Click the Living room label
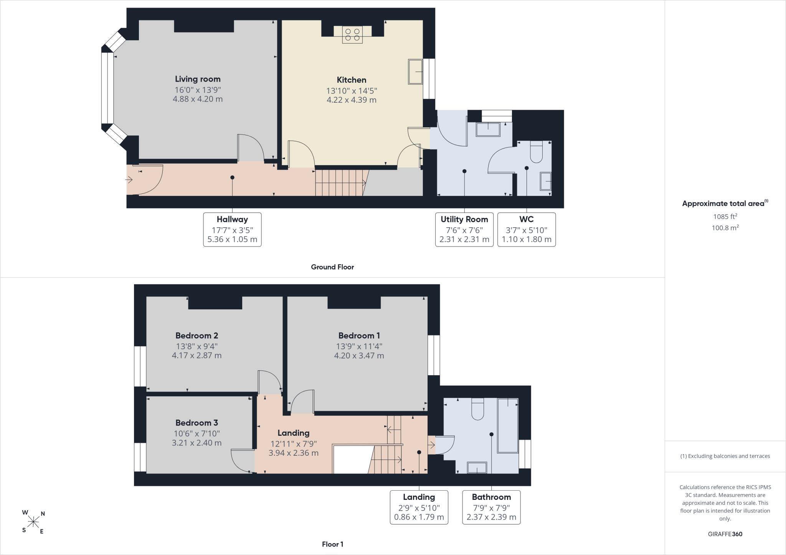pos(198,79)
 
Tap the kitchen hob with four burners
pos(352,34)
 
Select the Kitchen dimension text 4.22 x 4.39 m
pos(351,100)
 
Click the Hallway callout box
pos(232,230)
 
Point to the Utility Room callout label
pos(464,219)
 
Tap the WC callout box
pos(527,230)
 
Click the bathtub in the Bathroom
pos(508,426)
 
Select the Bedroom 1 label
pos(359,336)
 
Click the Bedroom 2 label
pos(197,336)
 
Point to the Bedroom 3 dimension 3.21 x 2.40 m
pos(196,443)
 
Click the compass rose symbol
pos(33,522)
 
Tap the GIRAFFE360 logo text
pos(725,534)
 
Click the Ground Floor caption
pos(332,267)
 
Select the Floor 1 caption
pos(333,544)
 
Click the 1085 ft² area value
pos(725,216)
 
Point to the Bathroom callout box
pos(491,507)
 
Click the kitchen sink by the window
pos(415,71)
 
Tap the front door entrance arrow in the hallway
pos(129,179)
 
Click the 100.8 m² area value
pos(725,228)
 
